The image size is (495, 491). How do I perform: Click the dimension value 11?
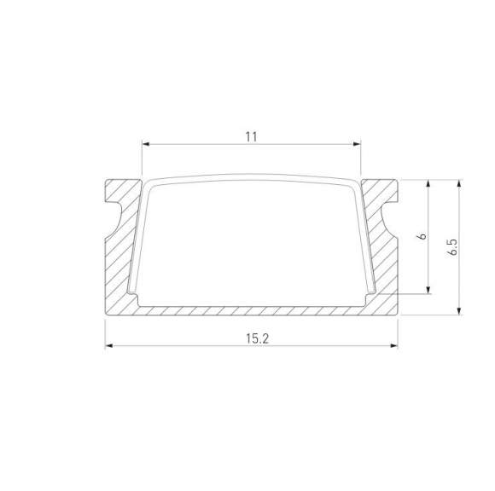coord(251,136)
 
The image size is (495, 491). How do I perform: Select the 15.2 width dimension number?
coord(252,338)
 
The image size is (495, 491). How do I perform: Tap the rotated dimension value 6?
coord(421,237)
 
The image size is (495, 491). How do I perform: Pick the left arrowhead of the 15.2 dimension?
coord(108,347)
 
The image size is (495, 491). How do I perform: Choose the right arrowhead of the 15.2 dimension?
coord(395,347)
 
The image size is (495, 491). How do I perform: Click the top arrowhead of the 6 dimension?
coord(428,183)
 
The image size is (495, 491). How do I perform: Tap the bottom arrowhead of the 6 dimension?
coord(428,291)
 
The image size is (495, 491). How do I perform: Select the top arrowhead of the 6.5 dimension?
coord(461,183)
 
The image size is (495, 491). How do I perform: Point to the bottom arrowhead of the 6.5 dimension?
coord(461,311)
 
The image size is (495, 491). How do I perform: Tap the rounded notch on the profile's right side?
coord(392,217)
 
